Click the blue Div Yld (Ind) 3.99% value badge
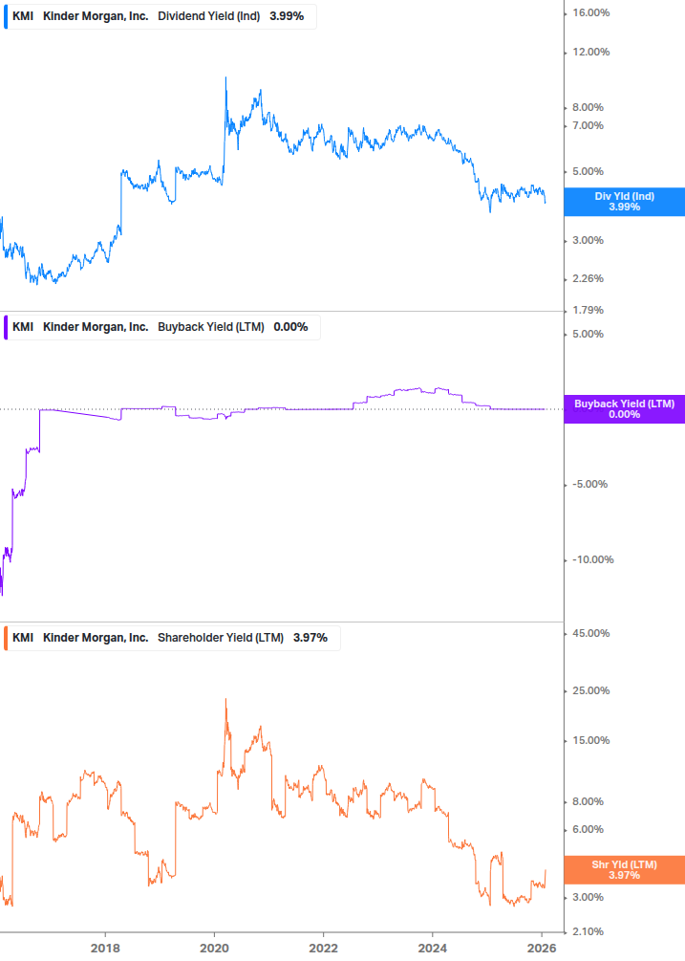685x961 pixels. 624,202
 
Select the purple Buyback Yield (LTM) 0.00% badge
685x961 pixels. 624,409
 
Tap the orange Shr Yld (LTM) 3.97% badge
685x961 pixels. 624,869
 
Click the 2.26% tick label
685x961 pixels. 588,279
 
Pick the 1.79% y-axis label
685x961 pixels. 588,311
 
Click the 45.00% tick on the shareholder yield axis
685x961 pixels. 589,634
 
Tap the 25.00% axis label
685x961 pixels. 589,691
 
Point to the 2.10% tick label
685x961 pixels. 588,931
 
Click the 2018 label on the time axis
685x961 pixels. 105,947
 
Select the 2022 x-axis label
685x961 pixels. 324,947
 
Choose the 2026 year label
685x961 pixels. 542,947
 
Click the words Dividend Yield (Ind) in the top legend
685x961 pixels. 208,16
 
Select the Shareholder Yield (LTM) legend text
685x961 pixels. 220,638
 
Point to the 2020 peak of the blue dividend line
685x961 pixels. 225,77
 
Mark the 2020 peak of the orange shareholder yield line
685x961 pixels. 225,699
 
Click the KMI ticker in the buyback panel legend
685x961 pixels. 23,327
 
